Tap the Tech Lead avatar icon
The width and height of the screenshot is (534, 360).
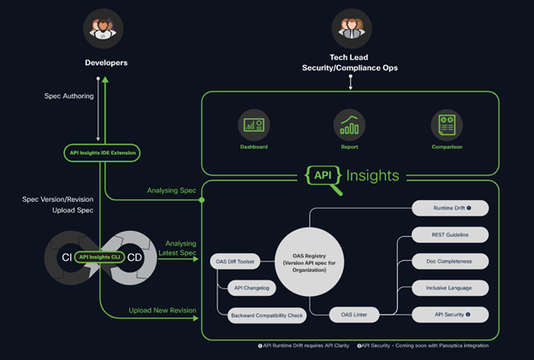point(351,28)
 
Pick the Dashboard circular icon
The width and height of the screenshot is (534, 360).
point(254,125)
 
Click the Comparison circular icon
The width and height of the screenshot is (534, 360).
point(446,125)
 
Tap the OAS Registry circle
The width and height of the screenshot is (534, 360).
point(308,258)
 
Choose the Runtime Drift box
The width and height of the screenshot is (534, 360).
point(450,208)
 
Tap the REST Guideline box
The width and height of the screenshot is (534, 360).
point(450,234)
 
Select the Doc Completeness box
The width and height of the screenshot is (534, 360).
point(450,261)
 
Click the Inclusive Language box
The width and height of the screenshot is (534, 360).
point(450,287)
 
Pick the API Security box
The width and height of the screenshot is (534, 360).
point(450,315)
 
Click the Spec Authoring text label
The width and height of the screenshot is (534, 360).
point(68,96)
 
